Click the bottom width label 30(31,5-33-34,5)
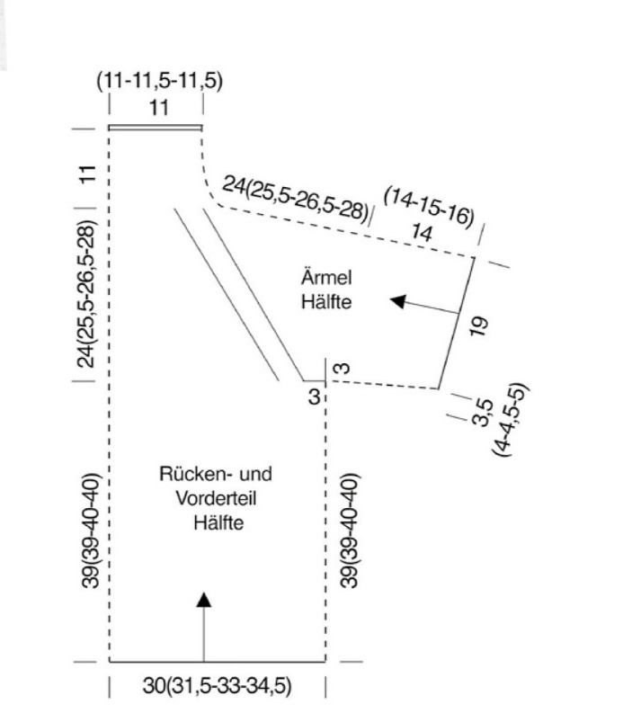tap(217, 686)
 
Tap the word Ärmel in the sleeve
tap(326, 277)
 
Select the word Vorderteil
tap(216, 498)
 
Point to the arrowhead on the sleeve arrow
tap(398, 301)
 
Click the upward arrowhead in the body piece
tap(203, 600)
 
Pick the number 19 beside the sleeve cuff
tap(479, 326)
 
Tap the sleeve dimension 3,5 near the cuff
tap(484, 413)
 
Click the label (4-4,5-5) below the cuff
tap(510, 420)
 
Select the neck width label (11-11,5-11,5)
tap(159, 81)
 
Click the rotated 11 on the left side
tap(87, 174)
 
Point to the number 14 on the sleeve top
tap(422, 233)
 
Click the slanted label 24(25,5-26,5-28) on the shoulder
tap(296, 198)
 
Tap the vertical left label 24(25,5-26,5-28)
tap(87, 295)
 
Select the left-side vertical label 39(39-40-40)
tap(90, 530)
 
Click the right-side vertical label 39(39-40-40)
tap(350, 530)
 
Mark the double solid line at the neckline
tap(156, 127)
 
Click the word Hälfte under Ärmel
tap(326, 301)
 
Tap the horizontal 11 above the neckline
tap(159, 108)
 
